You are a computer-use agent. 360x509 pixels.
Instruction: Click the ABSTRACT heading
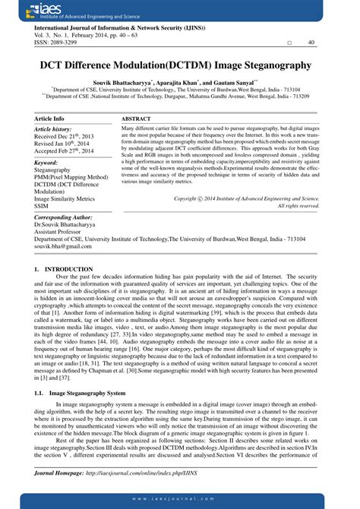point(137,119)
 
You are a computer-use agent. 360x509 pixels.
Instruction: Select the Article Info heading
point(50,119)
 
